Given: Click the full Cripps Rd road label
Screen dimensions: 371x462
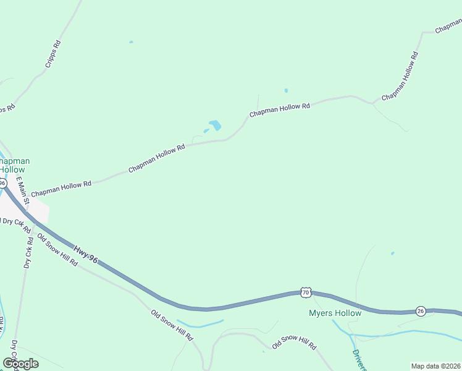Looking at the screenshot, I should point(54,54).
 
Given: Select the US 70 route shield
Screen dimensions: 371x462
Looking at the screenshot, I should point(305,291).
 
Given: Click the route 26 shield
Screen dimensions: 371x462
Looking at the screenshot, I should point(421,310).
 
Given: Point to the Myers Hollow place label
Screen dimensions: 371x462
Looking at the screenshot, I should point(335,313).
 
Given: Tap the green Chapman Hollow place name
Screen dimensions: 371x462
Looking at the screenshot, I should point(14,165).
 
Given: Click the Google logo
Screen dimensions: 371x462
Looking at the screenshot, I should point(20,363).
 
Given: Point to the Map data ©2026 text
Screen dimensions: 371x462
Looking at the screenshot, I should point(435,365).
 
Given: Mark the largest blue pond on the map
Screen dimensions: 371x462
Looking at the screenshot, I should point(215,125).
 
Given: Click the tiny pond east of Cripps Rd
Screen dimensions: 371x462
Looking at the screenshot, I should point(131,42).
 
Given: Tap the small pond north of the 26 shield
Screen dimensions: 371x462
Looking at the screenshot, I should point(392,253).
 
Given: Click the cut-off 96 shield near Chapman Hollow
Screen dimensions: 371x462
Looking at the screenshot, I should point(2,183).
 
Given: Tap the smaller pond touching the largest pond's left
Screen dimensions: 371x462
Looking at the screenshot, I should point(206,130).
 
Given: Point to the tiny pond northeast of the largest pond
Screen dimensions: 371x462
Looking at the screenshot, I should point(286,90).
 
